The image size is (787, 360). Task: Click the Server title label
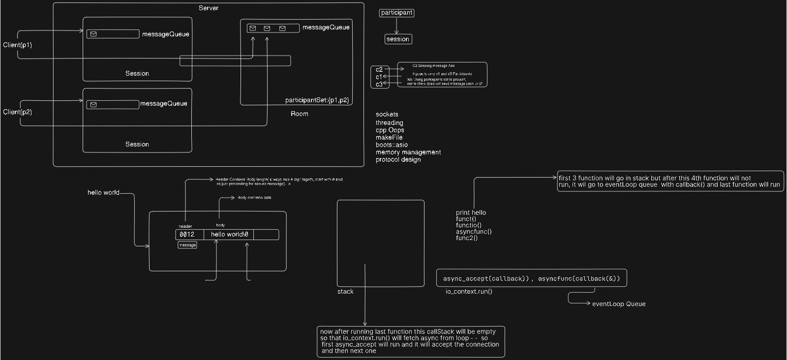(209, 8)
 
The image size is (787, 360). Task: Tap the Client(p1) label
(17, 45)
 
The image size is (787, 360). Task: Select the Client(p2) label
(17, 112)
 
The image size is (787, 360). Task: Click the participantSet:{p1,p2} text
(317, 100)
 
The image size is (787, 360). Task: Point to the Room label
(299, 114)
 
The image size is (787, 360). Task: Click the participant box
(396, 13)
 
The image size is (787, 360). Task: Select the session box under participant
(398, 39)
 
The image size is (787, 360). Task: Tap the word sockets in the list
(387, 114)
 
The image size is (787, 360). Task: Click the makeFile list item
(389, 137)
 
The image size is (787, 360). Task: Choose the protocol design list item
(398, 159)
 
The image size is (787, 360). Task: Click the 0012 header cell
(187, 235)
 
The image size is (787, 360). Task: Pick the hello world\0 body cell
(229, 235)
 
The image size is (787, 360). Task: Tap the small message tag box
(187, 245)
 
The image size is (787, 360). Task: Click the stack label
(345, 292)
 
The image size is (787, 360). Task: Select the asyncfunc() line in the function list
(474, 232)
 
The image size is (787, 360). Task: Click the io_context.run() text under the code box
(469, 291)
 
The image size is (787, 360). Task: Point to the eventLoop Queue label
(619, 304)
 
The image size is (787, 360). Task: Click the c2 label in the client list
(379, 69)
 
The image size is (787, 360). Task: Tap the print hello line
(471, 212)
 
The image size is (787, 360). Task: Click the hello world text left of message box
(103, 192)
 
